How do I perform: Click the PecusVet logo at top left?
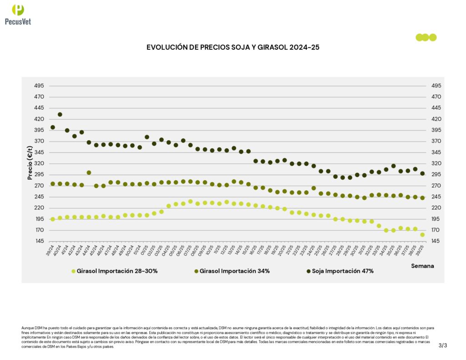tap(18, 14)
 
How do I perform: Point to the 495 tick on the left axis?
tap(39, 86)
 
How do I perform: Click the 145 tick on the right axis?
tap(436, 241)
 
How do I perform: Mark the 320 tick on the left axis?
tap(39, 163)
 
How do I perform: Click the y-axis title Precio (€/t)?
tap(30, 162)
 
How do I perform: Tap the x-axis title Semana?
tap(422, 265)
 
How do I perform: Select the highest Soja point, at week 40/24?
tap(60, 115)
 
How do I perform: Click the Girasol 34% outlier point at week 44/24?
tap(89, 173)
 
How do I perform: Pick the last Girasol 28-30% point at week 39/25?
tap(422, 235)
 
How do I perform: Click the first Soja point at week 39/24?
tap(53, 127)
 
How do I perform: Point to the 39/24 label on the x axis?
tap(50, 248)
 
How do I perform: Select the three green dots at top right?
tap(426, 37)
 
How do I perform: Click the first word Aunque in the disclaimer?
tap(27, 328)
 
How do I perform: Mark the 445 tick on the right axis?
tap(436, 108)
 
